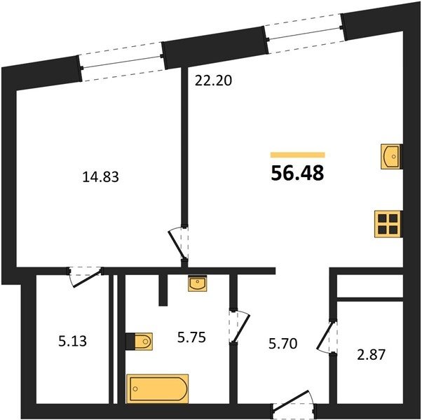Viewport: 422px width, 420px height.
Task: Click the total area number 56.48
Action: point(297,173)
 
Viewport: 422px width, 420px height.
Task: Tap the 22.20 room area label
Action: point(213,80)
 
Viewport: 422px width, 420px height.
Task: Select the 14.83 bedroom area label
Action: point(100,177)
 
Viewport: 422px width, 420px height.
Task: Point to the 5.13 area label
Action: point(72,342)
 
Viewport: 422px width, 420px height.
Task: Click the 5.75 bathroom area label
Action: point(191,337)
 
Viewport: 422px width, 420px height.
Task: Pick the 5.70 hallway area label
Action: point(283,344)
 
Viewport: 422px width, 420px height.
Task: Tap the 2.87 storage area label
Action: point(371,354)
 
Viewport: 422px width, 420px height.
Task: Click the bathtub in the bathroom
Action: point(157,388)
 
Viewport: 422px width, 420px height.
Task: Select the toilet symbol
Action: point(139,342)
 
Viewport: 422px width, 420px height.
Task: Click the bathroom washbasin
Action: point(198,283)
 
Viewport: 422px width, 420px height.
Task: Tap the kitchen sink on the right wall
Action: point(392,157)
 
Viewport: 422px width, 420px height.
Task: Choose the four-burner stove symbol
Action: point(388,224)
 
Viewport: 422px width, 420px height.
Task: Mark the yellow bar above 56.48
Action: point(298,155)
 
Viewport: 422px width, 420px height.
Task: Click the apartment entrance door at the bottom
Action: point(293,404)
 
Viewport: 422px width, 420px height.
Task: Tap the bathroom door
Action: point(239,326)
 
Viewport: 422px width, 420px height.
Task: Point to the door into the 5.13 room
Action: point(85,276)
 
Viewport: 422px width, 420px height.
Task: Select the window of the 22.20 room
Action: point(305,34)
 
